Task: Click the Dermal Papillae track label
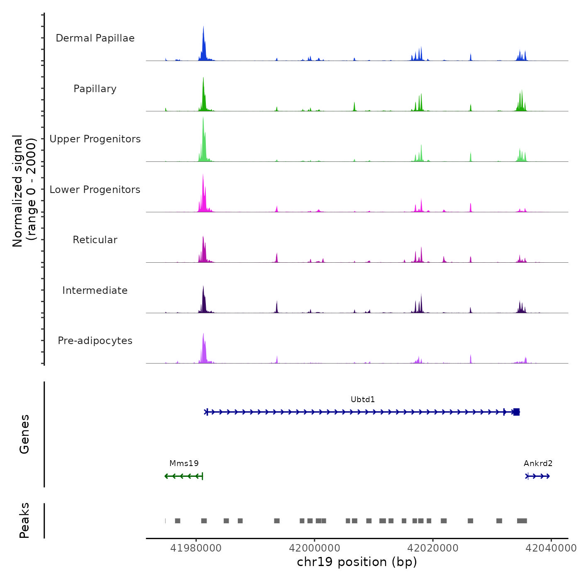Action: (95, 38)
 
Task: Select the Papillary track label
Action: (95, 89)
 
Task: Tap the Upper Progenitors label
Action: (95, 139)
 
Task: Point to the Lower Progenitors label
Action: (95, 190)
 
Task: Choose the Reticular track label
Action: (95, 240)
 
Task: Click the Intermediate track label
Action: (95, 290)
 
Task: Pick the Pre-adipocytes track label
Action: (95, 341)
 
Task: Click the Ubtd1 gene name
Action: (363, 400)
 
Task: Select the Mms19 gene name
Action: (184, 464)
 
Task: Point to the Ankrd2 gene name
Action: (538, 464)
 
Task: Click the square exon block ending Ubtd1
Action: (516, 412)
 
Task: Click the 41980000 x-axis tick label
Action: (196, 548)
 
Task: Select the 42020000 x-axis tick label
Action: (433, 548)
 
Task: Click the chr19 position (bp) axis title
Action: (357, 562)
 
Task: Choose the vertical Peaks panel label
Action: (24, 520)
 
